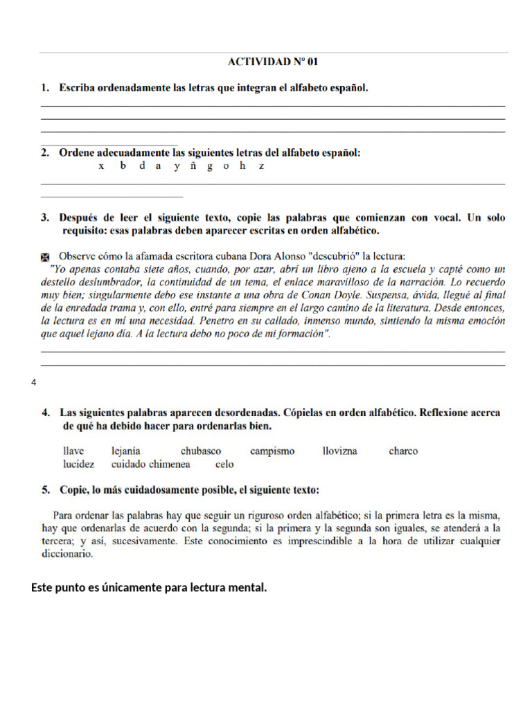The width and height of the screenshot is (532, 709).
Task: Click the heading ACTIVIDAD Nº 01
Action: [x=273, y=62]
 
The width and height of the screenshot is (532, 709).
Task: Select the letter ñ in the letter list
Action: [x=191, y=167]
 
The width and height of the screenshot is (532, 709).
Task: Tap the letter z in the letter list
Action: [x=261, y=167]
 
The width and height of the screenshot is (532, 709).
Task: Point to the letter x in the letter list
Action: [x=102, y=167]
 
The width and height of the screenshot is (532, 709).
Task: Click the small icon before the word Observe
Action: [x=46, y=257]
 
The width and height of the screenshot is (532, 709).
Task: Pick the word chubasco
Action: [x=201, y=451]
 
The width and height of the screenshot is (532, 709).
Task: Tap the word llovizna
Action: [x=340, y=451]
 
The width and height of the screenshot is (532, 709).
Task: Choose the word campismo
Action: [x=272, y=451]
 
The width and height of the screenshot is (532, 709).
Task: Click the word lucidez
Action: [x=78, y=465]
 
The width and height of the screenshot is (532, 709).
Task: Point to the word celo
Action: [x=224, y=465]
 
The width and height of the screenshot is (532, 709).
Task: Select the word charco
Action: [x=403, y=451]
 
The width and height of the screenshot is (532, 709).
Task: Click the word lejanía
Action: [x=125, y=451]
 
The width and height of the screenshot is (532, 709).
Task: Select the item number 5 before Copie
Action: [x=46, y=490]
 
